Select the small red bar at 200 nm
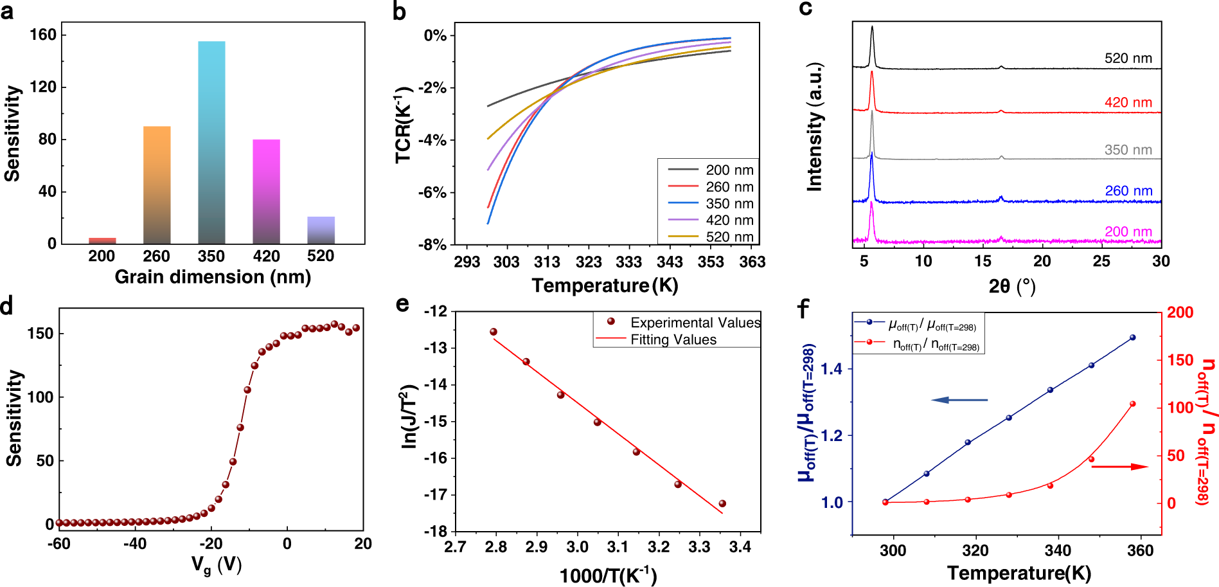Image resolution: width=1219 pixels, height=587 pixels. click(102, 240)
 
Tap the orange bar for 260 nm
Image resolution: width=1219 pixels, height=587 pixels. click(157, 185)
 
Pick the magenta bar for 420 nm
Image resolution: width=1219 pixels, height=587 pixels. click(266, 192)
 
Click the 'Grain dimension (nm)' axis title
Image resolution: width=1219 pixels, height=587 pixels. click(213, 277)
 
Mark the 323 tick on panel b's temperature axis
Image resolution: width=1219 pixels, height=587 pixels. click(588, 262)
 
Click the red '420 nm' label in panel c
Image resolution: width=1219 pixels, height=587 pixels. click(1128, 103)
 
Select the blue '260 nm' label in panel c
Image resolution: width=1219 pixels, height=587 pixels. click(1128, 191)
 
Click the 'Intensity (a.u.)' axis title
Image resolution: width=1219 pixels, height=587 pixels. click(814, 127)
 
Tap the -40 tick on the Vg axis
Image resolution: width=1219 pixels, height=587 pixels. click(134, 544)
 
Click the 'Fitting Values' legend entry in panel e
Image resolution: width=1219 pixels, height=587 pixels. click(673, 339)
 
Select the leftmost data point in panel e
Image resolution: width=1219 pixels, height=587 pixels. click(494, 332)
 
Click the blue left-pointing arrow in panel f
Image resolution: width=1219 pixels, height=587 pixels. click(959, 400)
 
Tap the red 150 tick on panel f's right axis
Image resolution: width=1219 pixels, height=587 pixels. click(1180, 360)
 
